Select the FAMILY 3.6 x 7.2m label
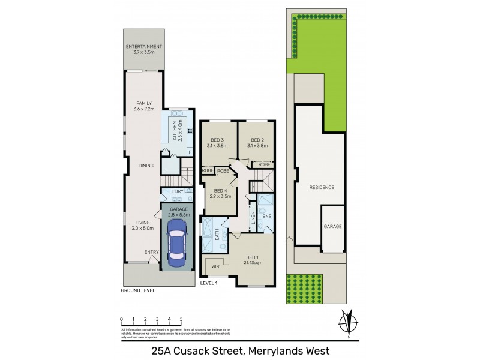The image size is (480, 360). (144, 106)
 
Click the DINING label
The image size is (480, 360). (145, 166)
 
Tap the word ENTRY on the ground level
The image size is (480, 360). (151, 253)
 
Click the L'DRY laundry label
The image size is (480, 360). (177, 191)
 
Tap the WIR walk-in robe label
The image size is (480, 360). (215, 265)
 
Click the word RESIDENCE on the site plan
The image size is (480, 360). (322, 188)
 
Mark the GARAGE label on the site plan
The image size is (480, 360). (333, 226)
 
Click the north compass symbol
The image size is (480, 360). (346, 321)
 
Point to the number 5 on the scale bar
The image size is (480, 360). (181, 319)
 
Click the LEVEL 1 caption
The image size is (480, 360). (208, 283)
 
